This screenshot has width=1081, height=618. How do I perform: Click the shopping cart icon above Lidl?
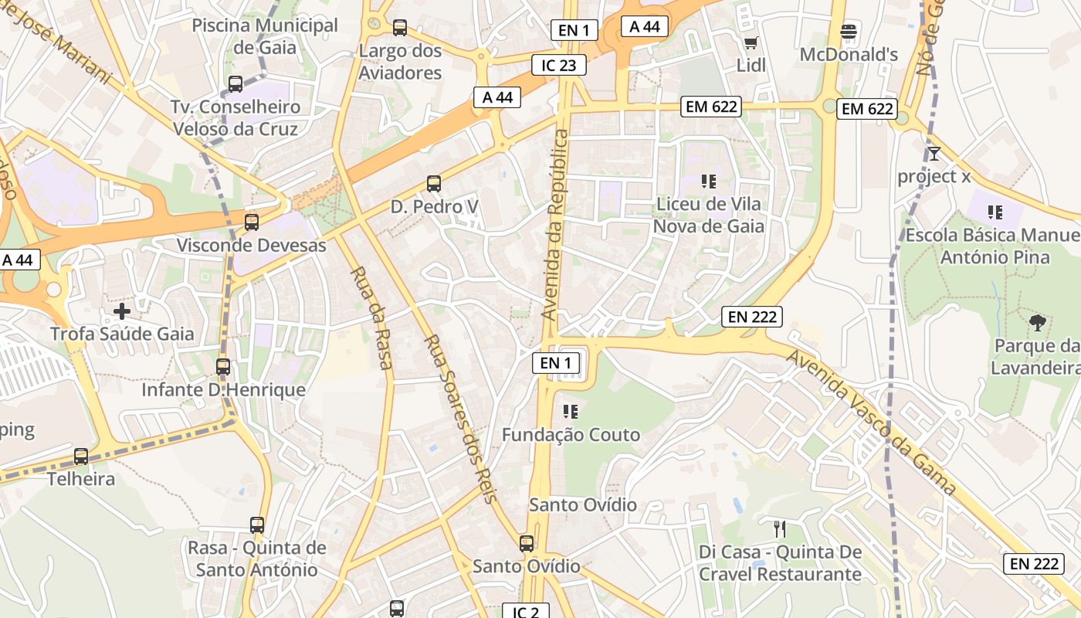(x=750, y=42)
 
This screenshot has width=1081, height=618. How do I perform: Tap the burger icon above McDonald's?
(x=849, y=32)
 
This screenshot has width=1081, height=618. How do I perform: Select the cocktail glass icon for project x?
(x=934, y=153)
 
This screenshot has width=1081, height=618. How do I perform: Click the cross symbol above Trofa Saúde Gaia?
(x=122, y=311)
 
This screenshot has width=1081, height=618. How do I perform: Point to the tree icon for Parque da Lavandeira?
(x=1038, y=322)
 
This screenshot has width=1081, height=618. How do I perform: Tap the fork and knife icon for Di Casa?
(x=780, y=529)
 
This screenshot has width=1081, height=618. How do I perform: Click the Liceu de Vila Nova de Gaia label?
(x=708, y=215)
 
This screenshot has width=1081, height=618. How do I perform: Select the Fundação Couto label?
(x=571, y=435)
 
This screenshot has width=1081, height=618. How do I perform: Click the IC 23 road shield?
(x=559, y=65)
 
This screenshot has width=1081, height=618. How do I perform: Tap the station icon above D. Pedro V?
(x=434, y=184)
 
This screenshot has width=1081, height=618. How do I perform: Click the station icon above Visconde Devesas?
(x=252, y=222)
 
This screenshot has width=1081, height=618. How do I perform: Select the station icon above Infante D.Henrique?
(x=223, y=367)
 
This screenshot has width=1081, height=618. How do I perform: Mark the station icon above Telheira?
(x=81, y=457)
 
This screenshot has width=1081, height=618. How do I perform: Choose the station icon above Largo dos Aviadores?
(x=400, y=28)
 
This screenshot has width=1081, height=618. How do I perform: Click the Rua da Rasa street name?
(x=372, y=318)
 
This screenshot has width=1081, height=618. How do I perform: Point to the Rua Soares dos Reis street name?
(x=459, y=419)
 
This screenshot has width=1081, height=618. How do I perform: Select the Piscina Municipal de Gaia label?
(x=265, y=36)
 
